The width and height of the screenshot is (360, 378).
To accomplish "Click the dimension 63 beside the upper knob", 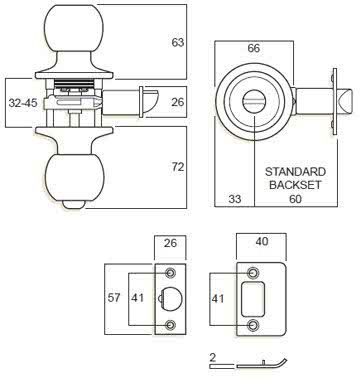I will coord(177,43).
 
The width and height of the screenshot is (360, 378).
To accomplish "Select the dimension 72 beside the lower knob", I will coord(177,166).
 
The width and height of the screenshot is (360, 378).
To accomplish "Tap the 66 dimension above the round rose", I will coord(253,48).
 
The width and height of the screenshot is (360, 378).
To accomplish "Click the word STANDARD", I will coord(295,171).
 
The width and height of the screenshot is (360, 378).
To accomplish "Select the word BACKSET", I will coord(295,184).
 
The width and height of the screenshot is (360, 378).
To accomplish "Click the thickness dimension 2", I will coord(213,355).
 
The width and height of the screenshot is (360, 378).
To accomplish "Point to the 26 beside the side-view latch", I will coord(177,101).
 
